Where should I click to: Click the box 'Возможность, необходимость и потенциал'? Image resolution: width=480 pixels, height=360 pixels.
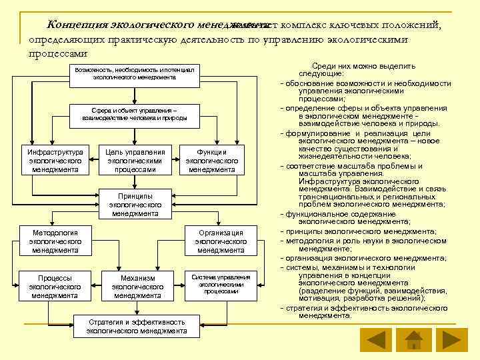[x=135, y=74]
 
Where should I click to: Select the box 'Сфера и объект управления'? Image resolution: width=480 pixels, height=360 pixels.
[x=135, y=113]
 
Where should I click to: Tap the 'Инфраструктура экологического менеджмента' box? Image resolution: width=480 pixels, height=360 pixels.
[x=55, y=161]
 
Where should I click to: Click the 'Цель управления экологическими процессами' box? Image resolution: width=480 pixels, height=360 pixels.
[x=135, y=161]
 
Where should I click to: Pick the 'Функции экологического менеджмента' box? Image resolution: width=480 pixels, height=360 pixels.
[x=212, y=161]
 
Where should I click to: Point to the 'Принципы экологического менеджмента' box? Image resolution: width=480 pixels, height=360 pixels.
[x=135, y=205]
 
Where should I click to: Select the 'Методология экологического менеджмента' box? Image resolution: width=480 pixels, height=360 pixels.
[x=55, y=241]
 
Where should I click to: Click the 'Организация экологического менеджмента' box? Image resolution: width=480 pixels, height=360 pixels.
[x=221, y=241]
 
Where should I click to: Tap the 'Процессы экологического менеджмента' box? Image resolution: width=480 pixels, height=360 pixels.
[x=55, y=286]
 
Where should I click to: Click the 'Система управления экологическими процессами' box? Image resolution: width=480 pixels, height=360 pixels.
[x=221, y=283]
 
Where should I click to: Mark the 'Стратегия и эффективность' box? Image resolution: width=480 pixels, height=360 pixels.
[x=137, y=326]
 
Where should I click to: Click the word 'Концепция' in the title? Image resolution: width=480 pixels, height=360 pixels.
[x=73, y=25]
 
